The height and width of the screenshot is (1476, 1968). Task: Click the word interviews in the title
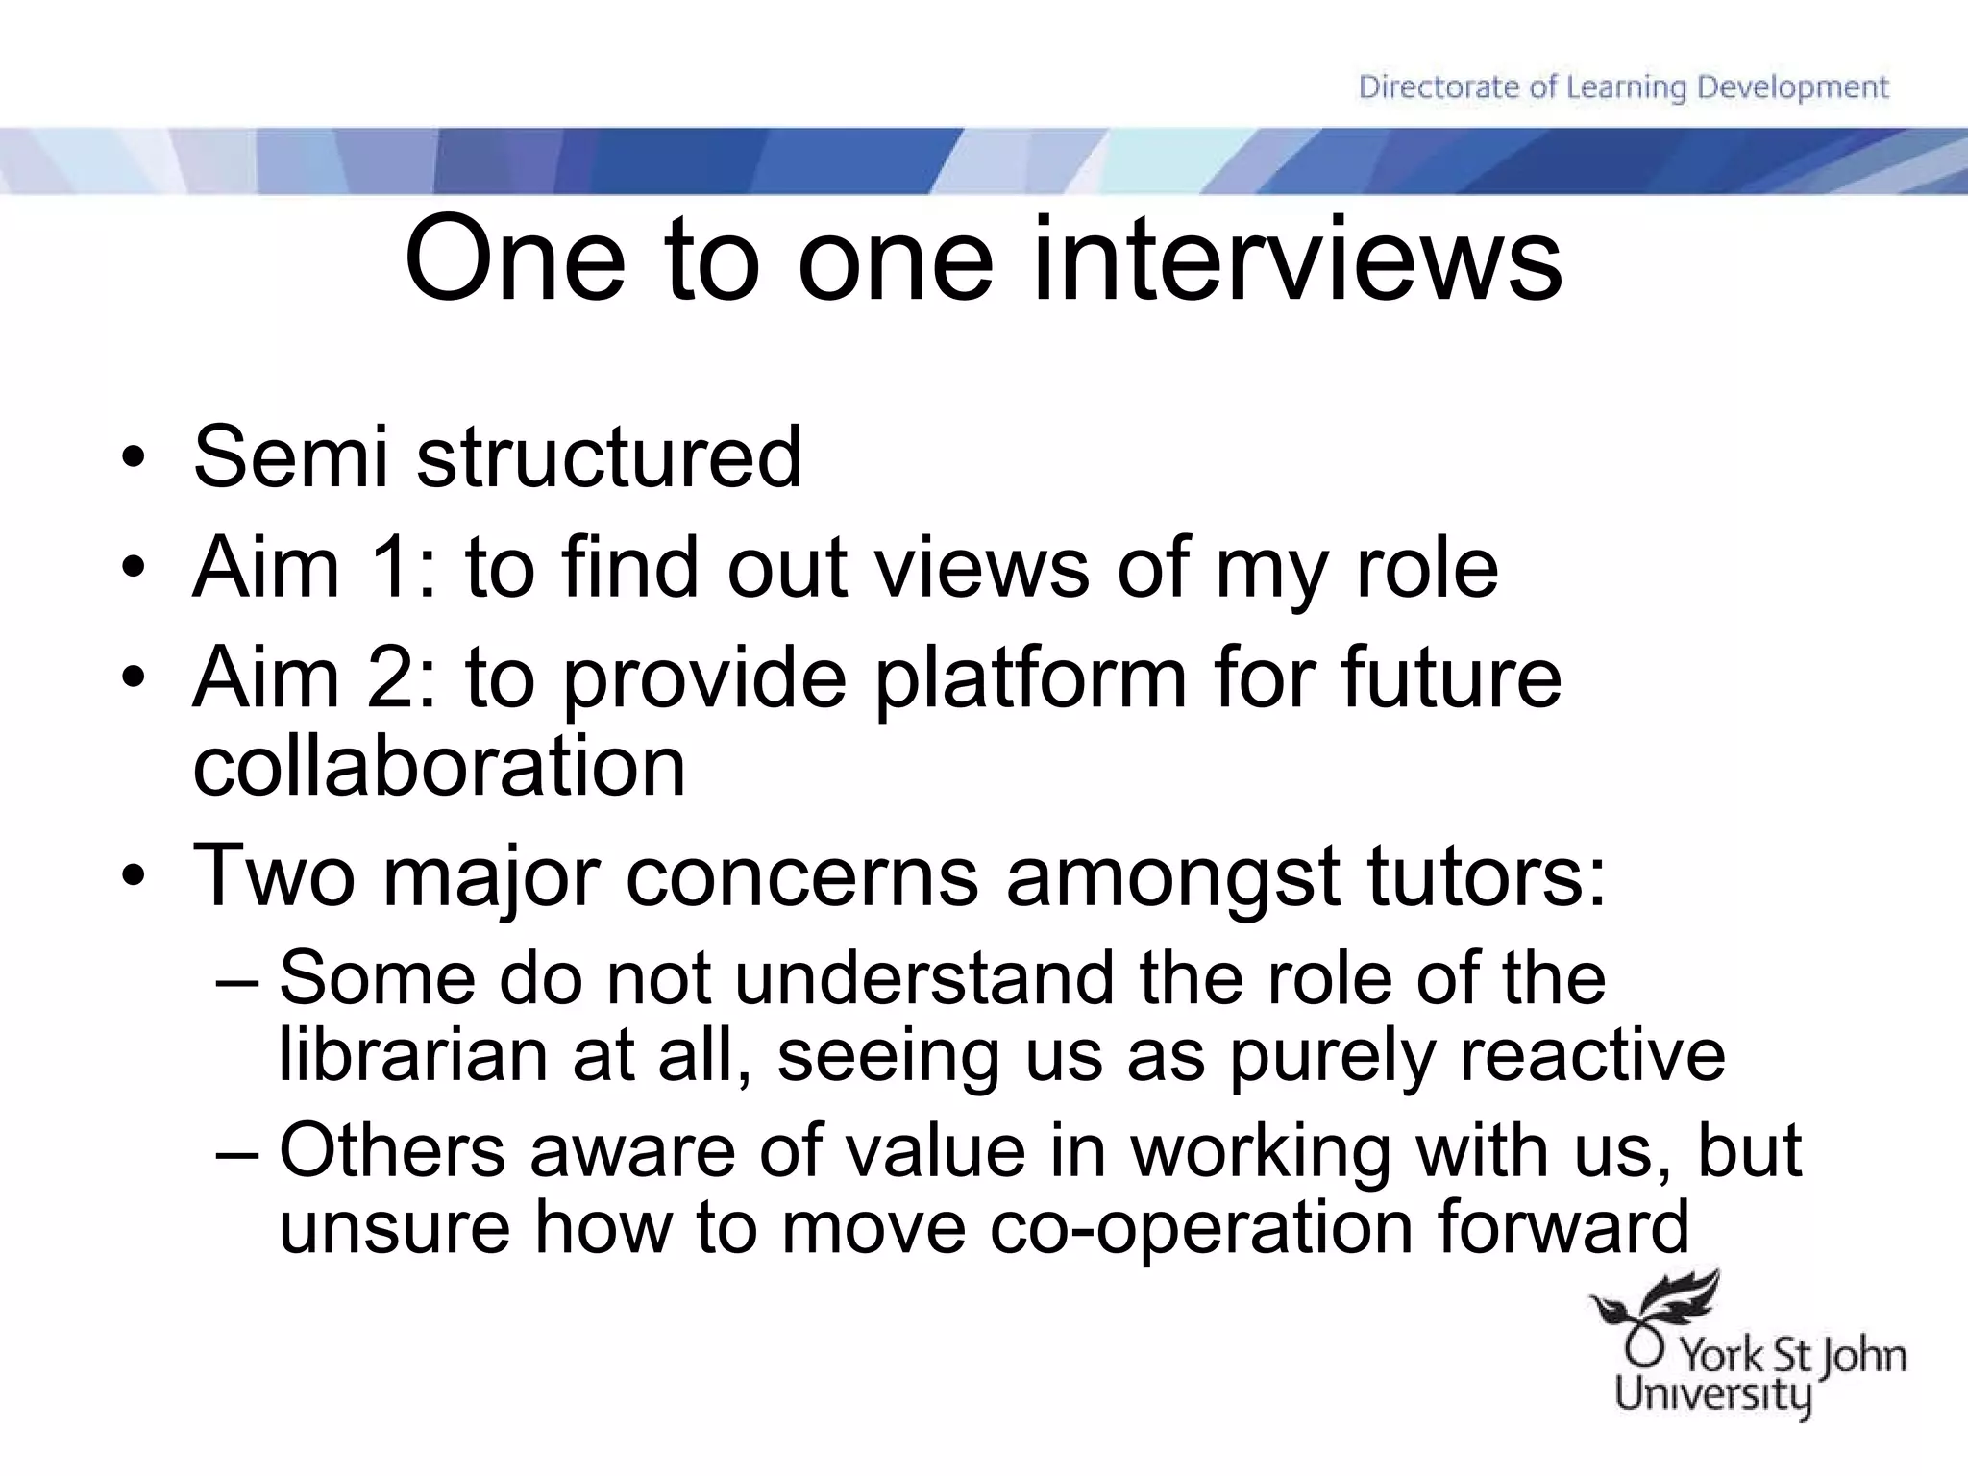point(1296,259)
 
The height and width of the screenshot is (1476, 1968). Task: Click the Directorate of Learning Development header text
point(1623,87)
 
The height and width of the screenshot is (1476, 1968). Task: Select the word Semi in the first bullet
point(290,456)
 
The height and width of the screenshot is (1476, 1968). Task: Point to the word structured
point(608,456)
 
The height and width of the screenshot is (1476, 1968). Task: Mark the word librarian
point(412,1055)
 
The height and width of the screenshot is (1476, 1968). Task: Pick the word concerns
point(802,876)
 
